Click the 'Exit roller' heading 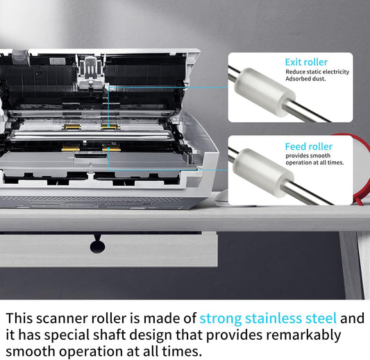(x=306, y=62)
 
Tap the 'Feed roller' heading (x=309, y=146)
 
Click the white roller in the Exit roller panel (x=264, y=92)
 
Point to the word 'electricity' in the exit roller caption (x=335, y=71)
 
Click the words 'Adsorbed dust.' (x=305, y=79)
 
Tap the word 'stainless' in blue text (x=274, y=318)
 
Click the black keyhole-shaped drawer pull (x=97, y=244)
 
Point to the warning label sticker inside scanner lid (x=58, y=61)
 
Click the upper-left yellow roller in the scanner (x=72, y=127)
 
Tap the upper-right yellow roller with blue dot (x=110, y=127)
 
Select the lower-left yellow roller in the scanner (x=70, y=148)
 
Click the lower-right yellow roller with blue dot (x=111, y=148)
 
